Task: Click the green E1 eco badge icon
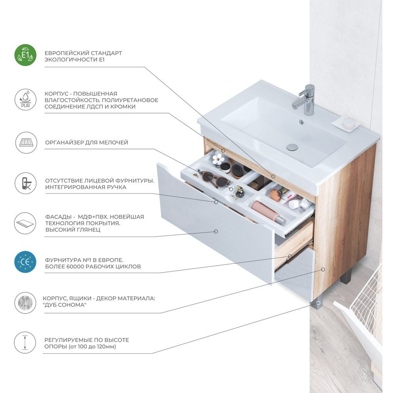pos(25,55)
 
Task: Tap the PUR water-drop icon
pos(25,99)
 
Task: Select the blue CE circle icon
pos(25,262)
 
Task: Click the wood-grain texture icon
pos(25,303)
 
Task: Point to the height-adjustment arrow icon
pos(25,343)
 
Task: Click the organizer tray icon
pos(26,143)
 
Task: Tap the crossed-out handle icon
pos(26,183)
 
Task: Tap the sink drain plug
pos(292,147)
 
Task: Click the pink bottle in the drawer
pos(268,212)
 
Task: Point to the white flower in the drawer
pos(217,159)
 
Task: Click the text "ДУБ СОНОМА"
pos(64,305)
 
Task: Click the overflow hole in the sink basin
pos(301,122)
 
